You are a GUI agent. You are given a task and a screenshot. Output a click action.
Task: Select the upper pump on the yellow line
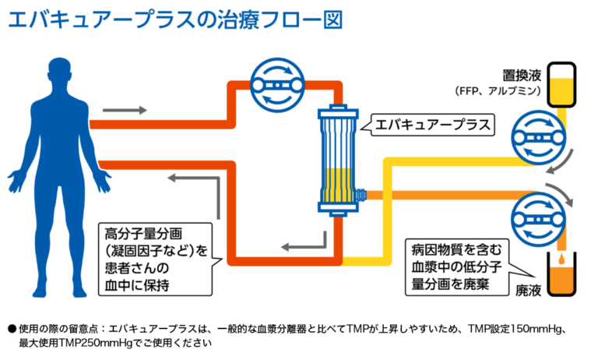pos(539,137)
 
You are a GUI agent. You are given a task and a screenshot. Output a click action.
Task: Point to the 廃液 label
pos(528,290)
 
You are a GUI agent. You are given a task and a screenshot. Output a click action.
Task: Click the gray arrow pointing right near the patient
pos(125,110)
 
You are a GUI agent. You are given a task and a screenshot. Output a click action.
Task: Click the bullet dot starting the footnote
pos(11,329)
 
